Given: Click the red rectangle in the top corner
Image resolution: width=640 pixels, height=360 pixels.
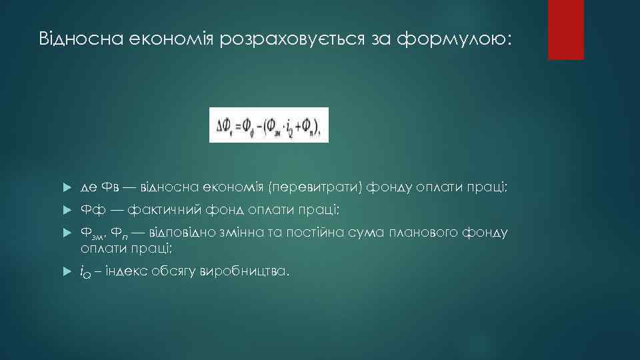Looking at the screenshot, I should point(565,29).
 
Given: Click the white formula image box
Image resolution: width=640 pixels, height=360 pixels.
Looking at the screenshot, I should point(269,125).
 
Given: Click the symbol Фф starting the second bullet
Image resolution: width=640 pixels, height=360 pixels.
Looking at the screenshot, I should point(91,211).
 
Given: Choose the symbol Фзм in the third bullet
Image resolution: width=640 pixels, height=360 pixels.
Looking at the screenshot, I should point(92,234).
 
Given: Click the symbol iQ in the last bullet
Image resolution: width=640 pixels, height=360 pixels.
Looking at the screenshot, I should point(85,272).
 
